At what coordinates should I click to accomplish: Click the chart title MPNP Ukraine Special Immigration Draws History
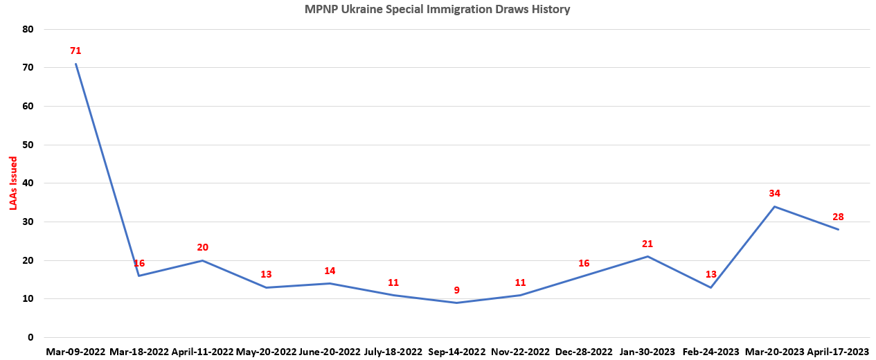(438, 10)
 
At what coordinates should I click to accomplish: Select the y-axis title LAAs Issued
(13, 183)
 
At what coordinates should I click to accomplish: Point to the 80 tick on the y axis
(28, 29)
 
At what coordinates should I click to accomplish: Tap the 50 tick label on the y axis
(28, 145)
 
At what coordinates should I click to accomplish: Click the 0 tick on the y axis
(30, 338)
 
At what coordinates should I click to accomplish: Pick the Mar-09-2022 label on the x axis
(75, 352)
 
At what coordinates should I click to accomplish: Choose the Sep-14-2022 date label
(456, 352)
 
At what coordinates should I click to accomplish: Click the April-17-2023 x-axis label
(838, 352)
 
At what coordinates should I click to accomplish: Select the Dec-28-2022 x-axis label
(584, 352)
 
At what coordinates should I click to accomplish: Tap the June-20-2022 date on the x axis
(330, 352)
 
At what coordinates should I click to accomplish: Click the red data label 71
(75, 51)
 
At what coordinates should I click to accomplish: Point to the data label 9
(456, 290)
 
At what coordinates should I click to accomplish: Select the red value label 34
(774, 194)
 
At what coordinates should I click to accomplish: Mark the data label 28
(838, 217)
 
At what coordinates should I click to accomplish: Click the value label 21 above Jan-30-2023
(647, 244)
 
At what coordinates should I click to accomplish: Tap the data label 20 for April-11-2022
(202, 248)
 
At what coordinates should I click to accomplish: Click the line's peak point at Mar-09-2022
(75, 64)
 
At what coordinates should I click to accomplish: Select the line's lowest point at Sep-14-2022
(456, 303)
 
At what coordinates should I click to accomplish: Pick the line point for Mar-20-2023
(774, 206)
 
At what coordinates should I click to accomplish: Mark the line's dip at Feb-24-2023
(711, 287)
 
